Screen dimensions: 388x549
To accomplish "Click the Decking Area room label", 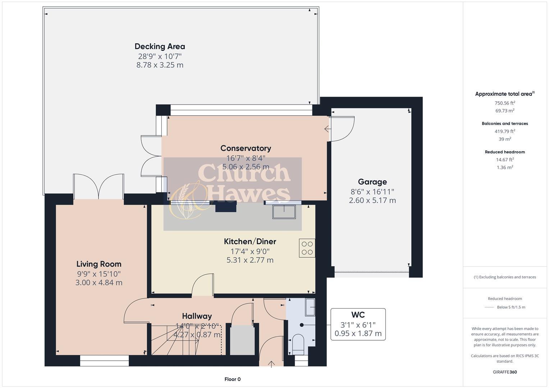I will point(160,46).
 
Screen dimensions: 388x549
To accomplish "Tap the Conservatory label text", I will point(246,148).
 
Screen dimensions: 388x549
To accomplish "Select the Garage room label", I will point(372,182).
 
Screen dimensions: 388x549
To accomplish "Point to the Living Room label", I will point(99,264).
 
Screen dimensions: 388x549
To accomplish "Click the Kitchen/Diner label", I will point(250,241).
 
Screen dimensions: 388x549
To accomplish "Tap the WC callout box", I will point(358,324).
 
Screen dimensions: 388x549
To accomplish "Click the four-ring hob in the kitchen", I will point(307,248).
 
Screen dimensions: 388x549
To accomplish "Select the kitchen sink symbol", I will point(284,211).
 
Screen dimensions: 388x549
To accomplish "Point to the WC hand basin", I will point(310,307).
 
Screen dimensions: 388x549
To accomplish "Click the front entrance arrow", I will point(271,364).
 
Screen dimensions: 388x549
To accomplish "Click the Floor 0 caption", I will point(232,379).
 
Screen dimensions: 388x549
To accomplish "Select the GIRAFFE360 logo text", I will point(504,372).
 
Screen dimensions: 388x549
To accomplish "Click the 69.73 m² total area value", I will point(504,111).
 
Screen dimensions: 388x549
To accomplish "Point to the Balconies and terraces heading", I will point(504,124).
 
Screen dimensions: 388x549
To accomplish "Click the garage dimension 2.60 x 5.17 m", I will point(372,200).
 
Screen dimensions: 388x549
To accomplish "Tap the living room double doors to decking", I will point(99,187).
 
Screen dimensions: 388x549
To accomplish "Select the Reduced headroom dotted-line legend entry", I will point(504,307).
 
